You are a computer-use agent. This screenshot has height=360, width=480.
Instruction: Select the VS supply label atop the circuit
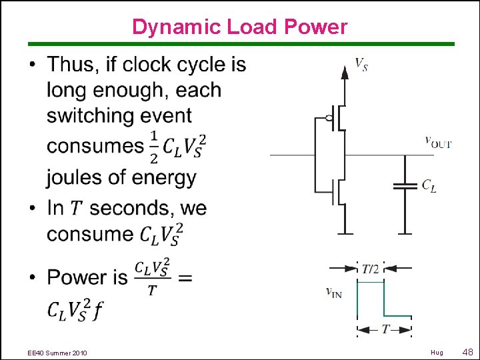point(361,65)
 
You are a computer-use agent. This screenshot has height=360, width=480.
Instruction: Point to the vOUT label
point(438,142)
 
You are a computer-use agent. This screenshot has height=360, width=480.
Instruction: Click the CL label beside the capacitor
point(429,186)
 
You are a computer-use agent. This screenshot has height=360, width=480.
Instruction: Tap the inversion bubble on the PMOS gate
point(329,119)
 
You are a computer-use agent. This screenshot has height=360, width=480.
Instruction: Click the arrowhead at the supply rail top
point(344,71)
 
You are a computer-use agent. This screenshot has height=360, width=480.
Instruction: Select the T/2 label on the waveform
point(370,269)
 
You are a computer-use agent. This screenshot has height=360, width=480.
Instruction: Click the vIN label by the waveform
point(333,291)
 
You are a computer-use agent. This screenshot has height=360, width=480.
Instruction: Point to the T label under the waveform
point(385,329)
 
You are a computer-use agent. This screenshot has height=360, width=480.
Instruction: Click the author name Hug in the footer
point(437,352)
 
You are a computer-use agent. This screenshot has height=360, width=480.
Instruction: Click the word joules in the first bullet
point(75,177)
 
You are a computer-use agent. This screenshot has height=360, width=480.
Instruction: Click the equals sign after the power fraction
point(185,277)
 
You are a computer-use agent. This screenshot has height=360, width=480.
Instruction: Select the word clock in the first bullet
point(149,65)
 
